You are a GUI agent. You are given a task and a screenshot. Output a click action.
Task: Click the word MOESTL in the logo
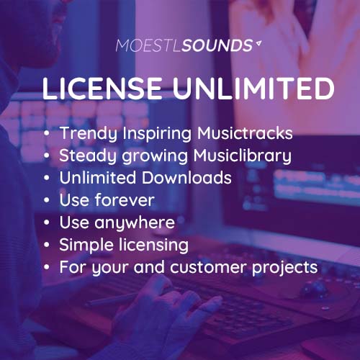pos(148,45)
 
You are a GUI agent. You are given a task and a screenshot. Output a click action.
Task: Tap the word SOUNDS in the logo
pos(217,45)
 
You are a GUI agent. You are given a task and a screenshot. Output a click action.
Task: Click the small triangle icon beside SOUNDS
pos(258,43)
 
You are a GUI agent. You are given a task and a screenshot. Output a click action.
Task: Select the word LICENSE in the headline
pos(102,88)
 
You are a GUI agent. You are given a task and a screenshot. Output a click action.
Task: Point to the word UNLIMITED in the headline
pos(253,88)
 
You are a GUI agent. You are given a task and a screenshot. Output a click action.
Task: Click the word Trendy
pos(89,133)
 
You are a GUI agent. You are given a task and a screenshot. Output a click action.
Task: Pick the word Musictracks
pos(245,133)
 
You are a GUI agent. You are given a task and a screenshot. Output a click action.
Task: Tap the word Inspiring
pos(157,133)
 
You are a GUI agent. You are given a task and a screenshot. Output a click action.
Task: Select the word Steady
pos(88,156)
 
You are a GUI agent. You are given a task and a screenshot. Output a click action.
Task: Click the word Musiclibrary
pos(243,156)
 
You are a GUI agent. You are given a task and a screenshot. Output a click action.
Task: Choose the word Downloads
pos(186,178)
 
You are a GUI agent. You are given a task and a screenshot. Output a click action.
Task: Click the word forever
pos(125,200)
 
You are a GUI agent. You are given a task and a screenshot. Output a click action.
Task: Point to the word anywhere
pos(135,223)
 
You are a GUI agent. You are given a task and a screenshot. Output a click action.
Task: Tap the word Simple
pos(86,246)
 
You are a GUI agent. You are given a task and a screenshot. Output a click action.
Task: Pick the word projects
pos(284,268)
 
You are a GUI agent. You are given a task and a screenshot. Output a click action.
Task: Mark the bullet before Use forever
pos(47,200)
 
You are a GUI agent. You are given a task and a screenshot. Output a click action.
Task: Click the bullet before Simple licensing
pos(47,245)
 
